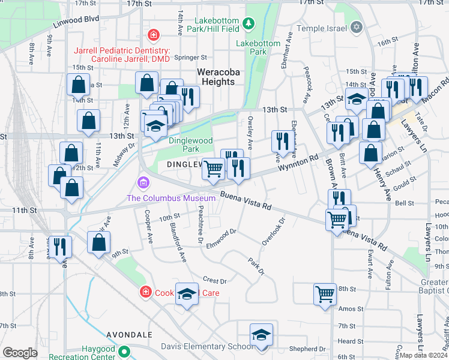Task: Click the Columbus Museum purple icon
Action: tap(143, 182)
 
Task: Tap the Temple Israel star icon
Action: tap(357, 28)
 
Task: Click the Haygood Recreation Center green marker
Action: tap(125, 352)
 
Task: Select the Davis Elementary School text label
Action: tap(207, 346)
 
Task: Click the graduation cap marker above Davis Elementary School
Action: tap(261, 335)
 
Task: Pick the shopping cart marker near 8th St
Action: tap(325, 295)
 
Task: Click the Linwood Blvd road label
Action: tap(76, 19)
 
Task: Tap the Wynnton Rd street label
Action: tap(298, 166)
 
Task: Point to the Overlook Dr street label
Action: tap(272, 231)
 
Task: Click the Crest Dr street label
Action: tap(214, 280)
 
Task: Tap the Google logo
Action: tap(20, 352)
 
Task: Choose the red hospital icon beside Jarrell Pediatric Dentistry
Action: tap(154, 35)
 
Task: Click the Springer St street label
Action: tap(190, 58)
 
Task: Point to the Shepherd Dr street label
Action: tap(307, 349)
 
